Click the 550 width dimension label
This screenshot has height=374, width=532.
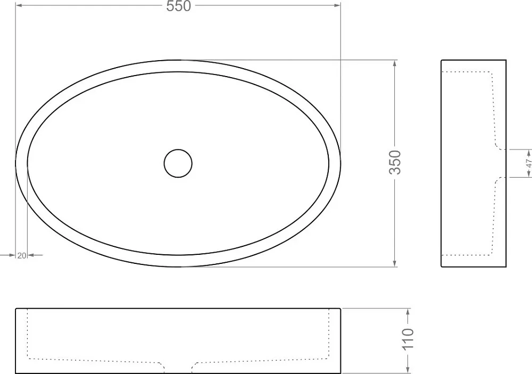(x=179, y=6)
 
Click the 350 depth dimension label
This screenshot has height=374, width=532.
(x=395, y=162)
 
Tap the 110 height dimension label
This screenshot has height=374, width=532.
(x=408, y=338)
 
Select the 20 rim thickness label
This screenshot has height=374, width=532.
(x=22, y=255)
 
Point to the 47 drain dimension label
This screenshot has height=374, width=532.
(x=529, y=163)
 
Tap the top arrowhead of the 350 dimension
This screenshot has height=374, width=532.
(x=394, y=63)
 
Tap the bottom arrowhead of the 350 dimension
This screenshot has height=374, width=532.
(x=394, y=263)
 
